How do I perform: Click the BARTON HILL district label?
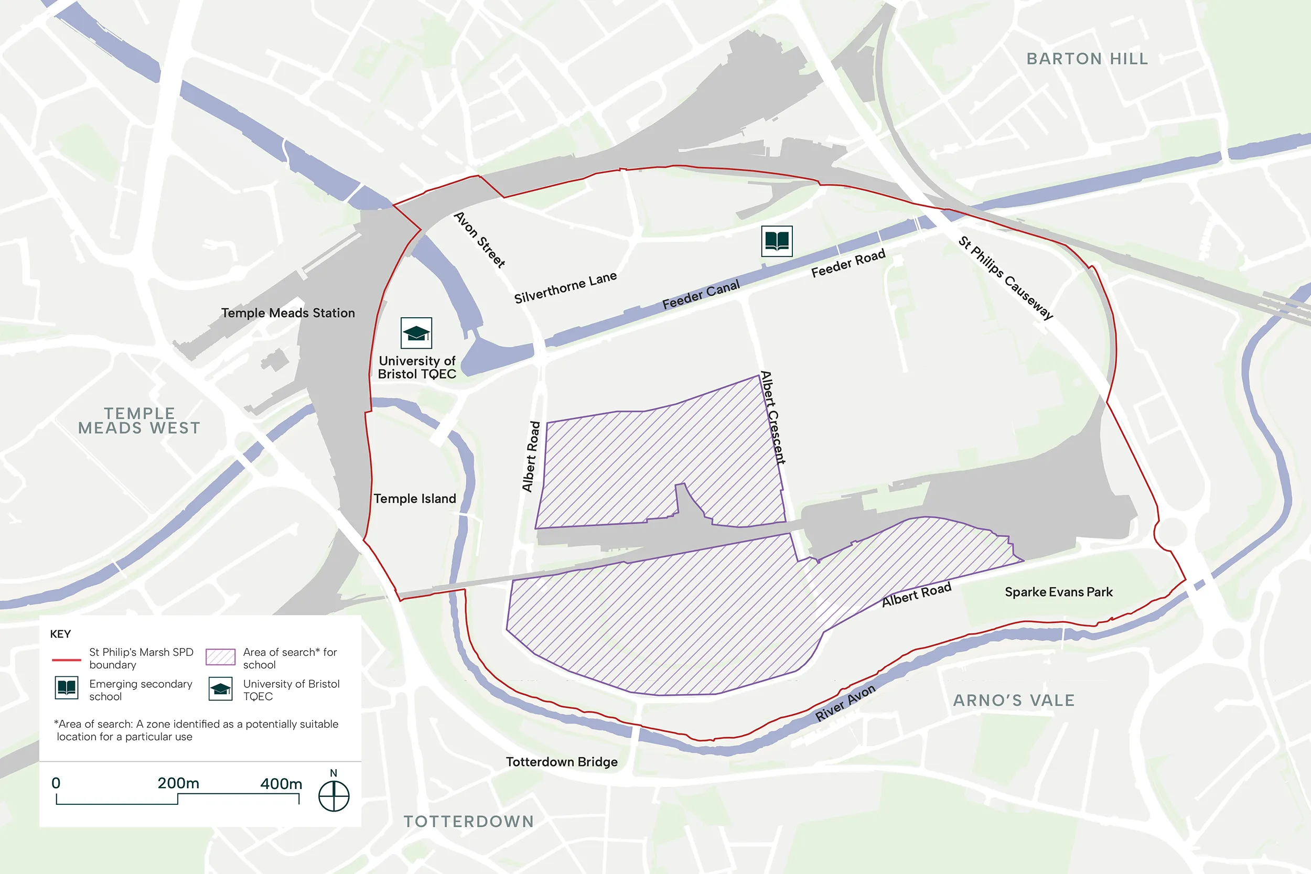point(1087,59)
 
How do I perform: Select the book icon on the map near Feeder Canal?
point(777,241)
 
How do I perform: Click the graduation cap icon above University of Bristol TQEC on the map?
point(416,333)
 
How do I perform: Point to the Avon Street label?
point(479,240)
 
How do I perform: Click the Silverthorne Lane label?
point(565,288)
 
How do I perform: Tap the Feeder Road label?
point(848,264)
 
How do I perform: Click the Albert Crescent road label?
point(773,417)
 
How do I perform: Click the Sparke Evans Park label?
point(1058,592)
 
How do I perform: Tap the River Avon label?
point(845,703)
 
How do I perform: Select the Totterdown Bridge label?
point(561,762)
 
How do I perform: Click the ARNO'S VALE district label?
point(1013,700)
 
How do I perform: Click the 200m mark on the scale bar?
point(178,784)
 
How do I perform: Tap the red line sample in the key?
point(66,660)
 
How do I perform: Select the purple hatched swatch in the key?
point(220,656)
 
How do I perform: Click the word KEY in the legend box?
point(60,634)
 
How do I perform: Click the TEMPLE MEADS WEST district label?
point(139,421)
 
